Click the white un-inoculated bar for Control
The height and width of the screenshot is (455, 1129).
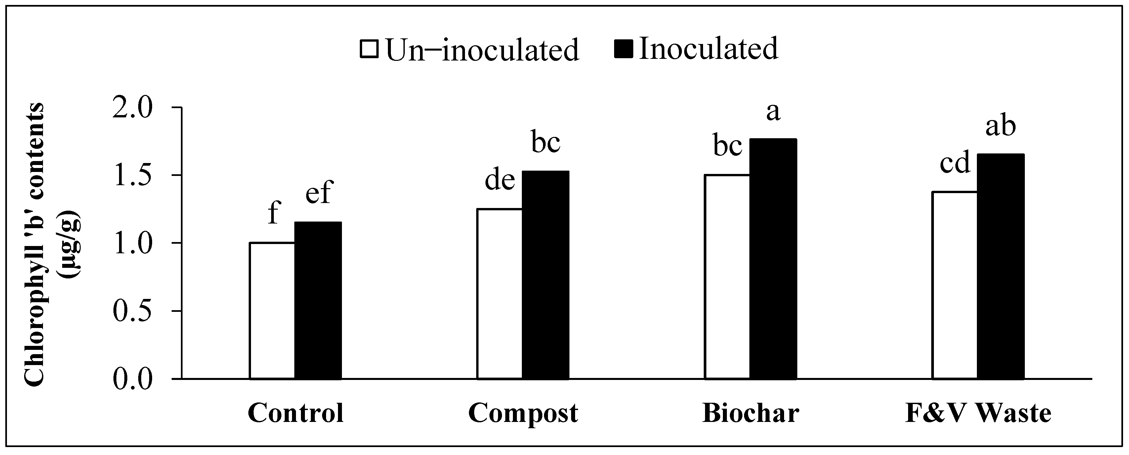[x=272, y=311]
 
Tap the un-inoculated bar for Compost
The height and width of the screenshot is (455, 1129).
[x=500, y=294]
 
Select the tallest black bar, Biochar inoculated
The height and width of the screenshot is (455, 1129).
[x=773, y=259]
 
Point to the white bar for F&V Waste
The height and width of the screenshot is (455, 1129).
[x=955, y=285]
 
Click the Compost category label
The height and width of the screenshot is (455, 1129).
[x=523, y=413]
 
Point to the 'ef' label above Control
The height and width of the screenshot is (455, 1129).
[x=319, y=193]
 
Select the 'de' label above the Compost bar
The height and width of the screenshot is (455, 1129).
[x=500, y=180]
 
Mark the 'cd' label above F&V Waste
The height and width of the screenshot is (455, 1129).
[x=955, y=163]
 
